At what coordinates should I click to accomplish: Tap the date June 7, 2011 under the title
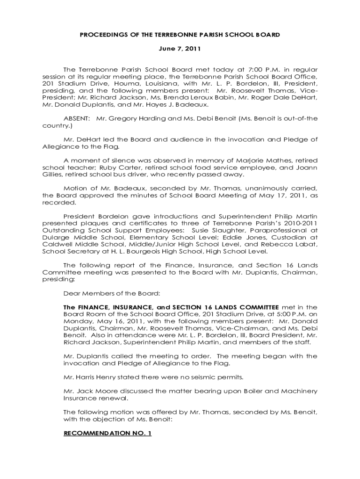point(180,49)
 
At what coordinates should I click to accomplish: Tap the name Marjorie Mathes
point(268,160)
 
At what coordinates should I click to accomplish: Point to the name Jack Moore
point(89,391)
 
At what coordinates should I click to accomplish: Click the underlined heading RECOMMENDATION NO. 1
point(108,433)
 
